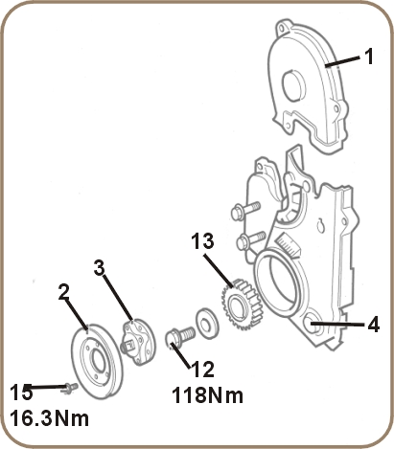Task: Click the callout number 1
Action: click(x=368, y=56)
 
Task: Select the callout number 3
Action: click(x=99, y=267)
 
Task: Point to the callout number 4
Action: click(x=373, y=325)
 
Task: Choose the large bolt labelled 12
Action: click(x=177, y=337)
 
